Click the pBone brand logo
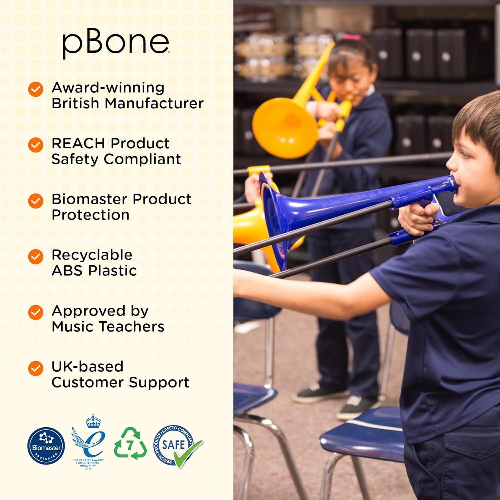(116, 43)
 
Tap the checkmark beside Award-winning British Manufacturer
(36, 89)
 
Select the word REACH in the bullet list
(78, 143)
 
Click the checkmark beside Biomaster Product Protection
(36, 201)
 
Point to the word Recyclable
(92, 255)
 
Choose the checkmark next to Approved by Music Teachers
(36, 312)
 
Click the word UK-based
(87, 367)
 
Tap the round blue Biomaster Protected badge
(46, 446)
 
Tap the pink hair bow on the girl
(352, 37)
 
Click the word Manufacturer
(154, 103)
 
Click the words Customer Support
(120, 382)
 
